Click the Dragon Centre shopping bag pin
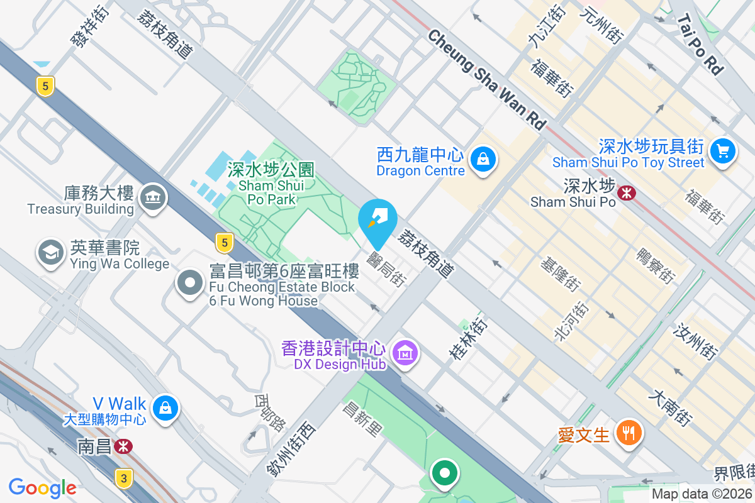(483, 160)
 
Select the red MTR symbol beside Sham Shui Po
(627, 192)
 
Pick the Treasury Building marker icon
(152, 199)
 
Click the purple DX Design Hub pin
(405, 353)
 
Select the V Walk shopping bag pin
(165, 407)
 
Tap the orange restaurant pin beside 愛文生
(628, 432)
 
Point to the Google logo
(42, 487)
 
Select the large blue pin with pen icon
(377, 219)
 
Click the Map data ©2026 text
(701, 494)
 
